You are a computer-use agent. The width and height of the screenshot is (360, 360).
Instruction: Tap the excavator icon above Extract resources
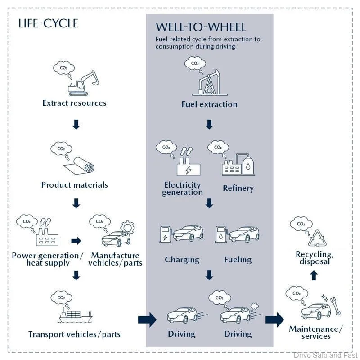point(84,83)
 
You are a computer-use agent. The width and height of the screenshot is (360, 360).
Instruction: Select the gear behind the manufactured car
point(127,228)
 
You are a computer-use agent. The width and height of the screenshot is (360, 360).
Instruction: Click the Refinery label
point(238,188)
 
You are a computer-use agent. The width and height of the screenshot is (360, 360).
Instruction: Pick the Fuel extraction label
point(209,104)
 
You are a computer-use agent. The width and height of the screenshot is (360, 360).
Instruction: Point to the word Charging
point(182,260)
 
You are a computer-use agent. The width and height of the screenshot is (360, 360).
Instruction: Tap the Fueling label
point(238,260)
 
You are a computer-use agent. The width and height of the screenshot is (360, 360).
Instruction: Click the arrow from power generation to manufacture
point(76,241)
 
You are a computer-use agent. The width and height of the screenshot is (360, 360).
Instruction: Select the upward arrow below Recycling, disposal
point(314,275)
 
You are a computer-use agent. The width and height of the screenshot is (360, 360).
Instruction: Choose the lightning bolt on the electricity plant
point(188,171)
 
